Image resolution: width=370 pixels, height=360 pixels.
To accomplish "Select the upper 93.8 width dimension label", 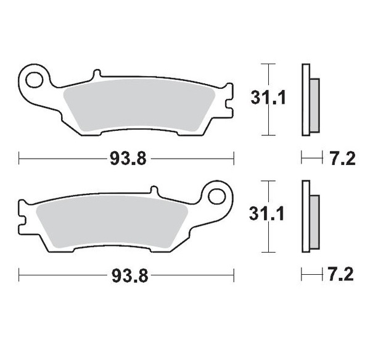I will (x=128, y=159).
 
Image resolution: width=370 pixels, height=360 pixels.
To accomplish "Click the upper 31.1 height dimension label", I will (x=267, y=98).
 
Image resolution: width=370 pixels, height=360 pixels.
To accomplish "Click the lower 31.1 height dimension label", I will (x=267, y=214).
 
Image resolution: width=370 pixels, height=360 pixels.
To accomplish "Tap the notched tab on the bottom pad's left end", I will (x=25, y=217).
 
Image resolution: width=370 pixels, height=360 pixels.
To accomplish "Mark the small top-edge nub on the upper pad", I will (x=96, y=75).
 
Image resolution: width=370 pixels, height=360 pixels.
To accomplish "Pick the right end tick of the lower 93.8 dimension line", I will (x=234, y=275).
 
